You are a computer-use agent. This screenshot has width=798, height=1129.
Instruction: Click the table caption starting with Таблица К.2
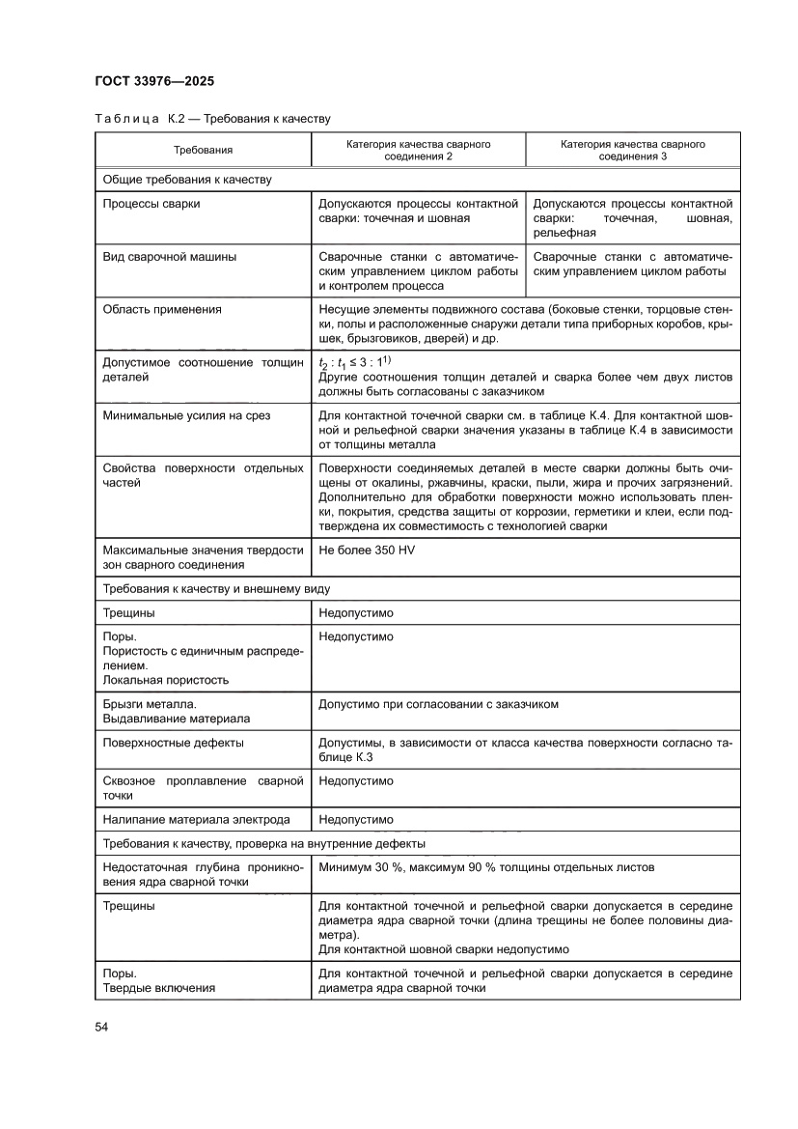[212, 119]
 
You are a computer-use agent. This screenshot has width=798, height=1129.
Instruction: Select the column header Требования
[203, 150]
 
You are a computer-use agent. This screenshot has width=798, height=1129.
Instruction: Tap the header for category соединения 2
[418, 150]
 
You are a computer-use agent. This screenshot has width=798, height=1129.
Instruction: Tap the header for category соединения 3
[632, 150]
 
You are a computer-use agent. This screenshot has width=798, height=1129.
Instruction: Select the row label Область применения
[162, 309]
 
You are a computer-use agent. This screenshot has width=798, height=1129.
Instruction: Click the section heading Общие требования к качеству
[187, 179]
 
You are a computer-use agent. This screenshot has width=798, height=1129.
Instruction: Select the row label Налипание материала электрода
[196, 820]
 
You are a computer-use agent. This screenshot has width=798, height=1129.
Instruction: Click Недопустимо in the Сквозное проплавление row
[356, 780]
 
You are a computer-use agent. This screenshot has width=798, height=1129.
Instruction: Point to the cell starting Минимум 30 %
[486, 867]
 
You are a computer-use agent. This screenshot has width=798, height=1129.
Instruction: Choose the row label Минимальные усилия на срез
[186, 415]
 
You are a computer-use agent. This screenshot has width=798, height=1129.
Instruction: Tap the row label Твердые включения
[158, 988]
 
